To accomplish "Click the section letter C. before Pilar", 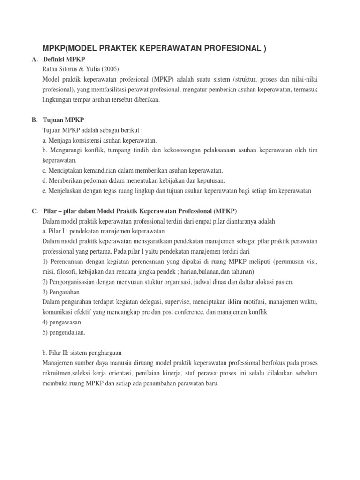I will click(x=35, y=211).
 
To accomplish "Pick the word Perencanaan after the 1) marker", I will click(x=66, y=262).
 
